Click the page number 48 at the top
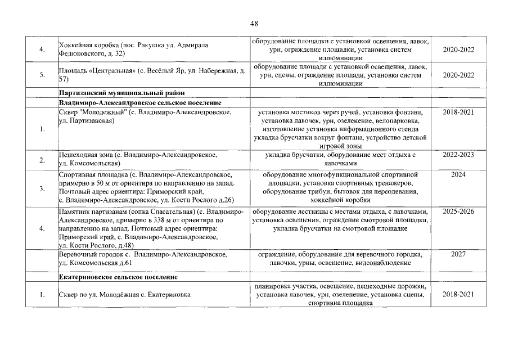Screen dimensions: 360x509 tap(254, 24)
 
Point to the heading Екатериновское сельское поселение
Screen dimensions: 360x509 tap(118, 277)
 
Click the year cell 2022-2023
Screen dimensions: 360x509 tap(458, 155)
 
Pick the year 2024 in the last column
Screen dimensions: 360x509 tap(458, 175)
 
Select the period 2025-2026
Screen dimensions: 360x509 tap(458, 212)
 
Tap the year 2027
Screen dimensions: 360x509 tap(458, 254)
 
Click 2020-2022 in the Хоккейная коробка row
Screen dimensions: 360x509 tap(458, 49)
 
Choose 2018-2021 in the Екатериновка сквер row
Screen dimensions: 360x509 tap(458, 295)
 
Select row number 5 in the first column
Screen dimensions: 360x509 tap(42, 75)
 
